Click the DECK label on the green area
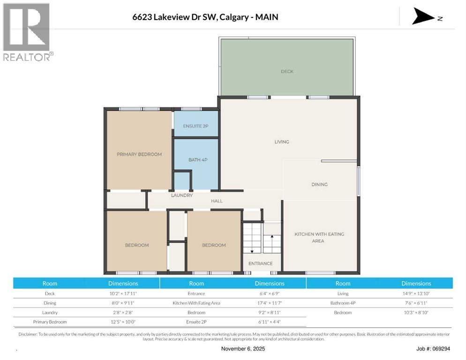(x=287, y=71)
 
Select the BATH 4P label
(x=198, y=160)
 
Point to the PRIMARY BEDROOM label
(x=139, y=154)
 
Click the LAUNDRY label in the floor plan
(x=182, y=195)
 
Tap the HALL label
(x=217, y=201)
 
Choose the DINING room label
(x=319, y=184)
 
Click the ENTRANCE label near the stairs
(x=260, y=263)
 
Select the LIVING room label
(x=282, y=142)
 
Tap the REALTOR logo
(x=27, y=32)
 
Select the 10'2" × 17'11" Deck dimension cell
(x=123, y=293)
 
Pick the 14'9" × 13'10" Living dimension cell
(x=416, y=293)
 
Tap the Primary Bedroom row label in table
(x=50, y=322)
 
